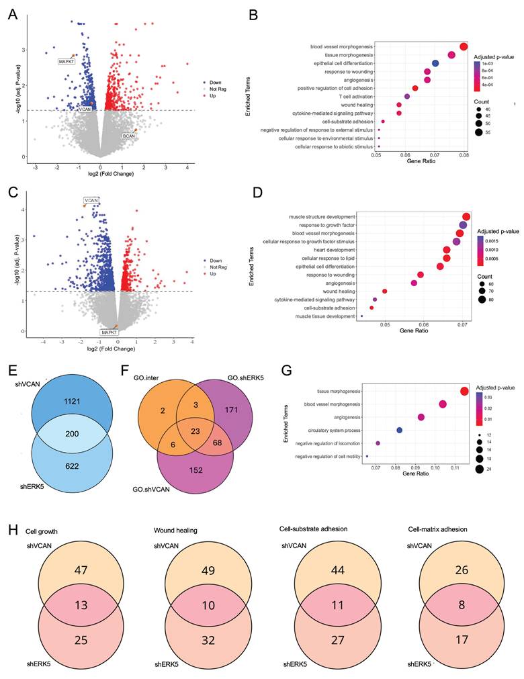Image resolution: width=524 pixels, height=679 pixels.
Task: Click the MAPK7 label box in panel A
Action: (67, 61)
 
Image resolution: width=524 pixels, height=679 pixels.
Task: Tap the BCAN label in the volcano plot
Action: (129, 136)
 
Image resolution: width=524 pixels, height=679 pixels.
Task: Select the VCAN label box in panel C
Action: (91, 200)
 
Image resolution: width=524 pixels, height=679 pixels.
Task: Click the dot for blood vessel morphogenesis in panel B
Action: (464, 46)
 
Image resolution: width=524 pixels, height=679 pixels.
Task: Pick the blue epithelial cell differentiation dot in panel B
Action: (435, 63)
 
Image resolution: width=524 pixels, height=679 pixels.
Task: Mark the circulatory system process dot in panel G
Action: (400, 430)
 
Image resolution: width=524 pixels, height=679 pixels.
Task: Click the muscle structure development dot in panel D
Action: (466, 216)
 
